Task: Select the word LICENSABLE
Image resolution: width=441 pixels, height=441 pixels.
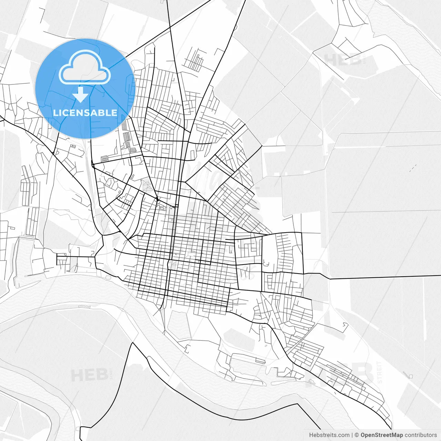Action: coord(85,113)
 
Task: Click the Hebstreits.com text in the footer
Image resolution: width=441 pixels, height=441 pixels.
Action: coord(329,435)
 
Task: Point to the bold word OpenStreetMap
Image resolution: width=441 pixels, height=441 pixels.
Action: coord(381,435)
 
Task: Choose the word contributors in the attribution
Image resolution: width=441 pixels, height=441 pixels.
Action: coord(421,435)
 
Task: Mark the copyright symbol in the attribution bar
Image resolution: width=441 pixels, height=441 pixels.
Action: coord(357,435)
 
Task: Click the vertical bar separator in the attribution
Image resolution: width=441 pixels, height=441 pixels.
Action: coord(352,435)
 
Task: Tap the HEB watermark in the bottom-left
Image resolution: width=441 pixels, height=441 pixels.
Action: coord(89,375)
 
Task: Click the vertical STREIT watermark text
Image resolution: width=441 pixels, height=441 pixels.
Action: coord(380,372)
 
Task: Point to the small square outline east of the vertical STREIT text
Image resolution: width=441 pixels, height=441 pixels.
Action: coord(410,376)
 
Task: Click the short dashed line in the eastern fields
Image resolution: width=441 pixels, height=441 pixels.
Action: coord(413,168)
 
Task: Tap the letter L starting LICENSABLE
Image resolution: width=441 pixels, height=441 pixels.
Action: coord(55,113)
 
